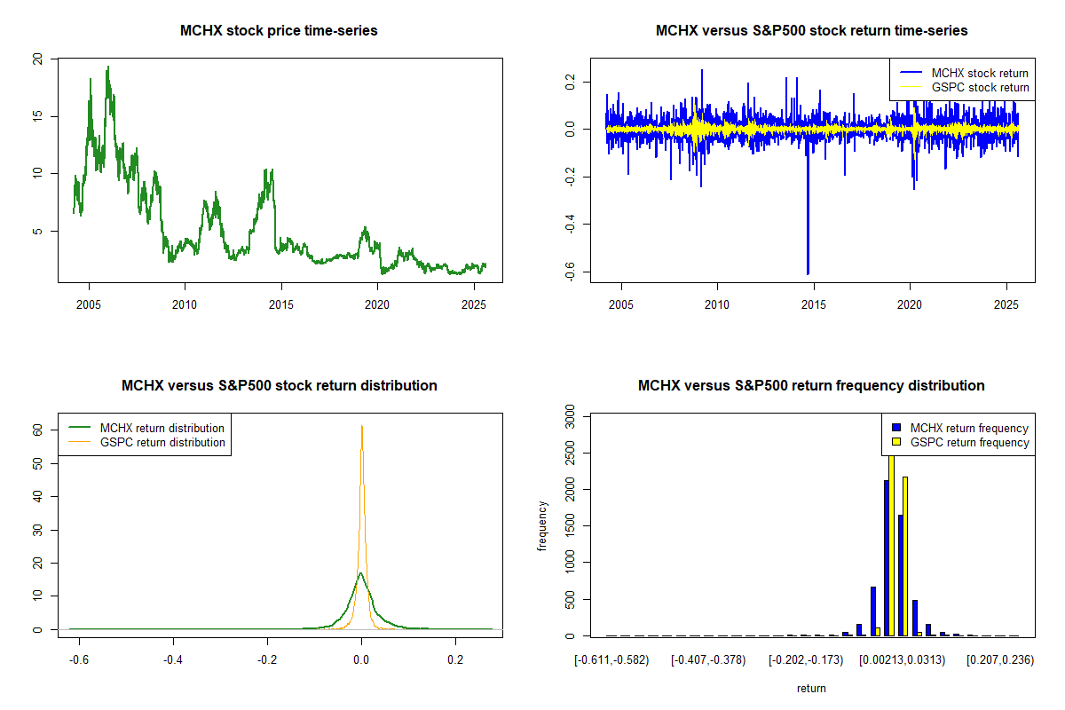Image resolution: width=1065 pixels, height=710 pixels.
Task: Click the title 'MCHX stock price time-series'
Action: tap(279, 31)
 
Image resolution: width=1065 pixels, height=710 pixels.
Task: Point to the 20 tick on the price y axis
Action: tap(37, 59)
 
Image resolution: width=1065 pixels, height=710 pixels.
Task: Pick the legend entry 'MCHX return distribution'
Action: tap(162, 428)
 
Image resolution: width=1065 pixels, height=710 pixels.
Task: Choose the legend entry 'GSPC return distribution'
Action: tap(162, 442)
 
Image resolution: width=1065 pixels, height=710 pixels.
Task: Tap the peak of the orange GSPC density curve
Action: tap(361, 426)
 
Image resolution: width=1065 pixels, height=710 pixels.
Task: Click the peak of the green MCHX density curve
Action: tap(360, 573)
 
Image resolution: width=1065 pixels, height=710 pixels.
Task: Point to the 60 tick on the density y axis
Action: tap(37, 430)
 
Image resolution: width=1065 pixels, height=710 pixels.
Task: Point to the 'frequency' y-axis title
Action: tap(543, 525)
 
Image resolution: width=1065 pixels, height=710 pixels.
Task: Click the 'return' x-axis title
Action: tap(811, 688)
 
